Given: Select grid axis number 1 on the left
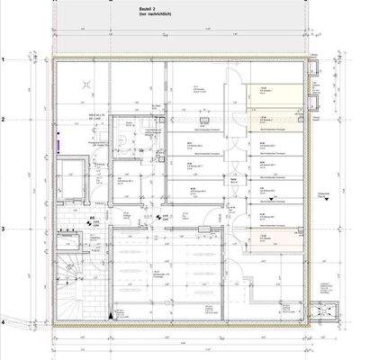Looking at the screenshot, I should [x=5, y=59].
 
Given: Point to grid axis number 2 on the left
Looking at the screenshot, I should [x=5, y=119].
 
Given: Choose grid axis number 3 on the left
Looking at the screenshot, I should [x=5, y=229].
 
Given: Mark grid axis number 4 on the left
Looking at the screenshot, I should [x=5, y=321].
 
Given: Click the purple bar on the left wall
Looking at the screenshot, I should [x=58, y=141].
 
